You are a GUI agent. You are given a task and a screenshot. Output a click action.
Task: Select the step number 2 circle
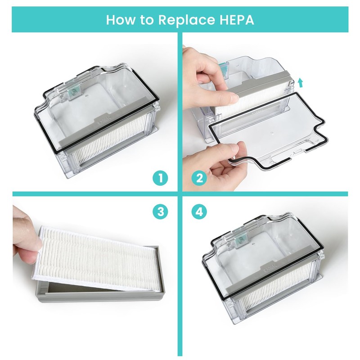[199, 178]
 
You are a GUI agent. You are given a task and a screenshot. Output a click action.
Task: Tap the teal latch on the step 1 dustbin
[73, 91]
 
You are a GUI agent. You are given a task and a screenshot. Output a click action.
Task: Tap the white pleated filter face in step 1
[108, 155]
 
